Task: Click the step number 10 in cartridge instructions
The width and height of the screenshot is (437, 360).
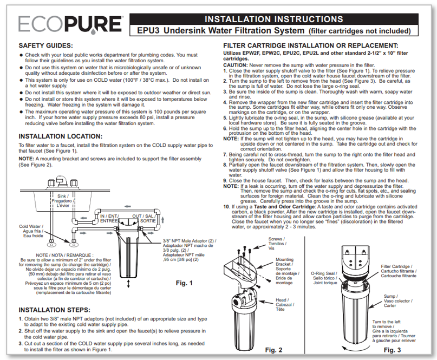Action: tap(226, 206)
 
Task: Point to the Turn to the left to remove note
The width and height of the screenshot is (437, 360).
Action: tap(396, 331)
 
